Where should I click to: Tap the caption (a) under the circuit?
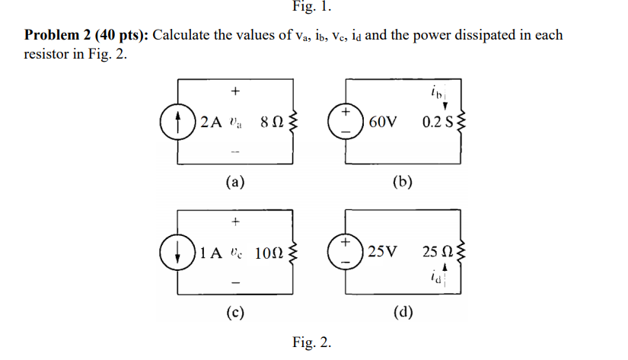(x=234, y=182)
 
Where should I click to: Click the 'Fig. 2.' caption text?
(x=312, y=342)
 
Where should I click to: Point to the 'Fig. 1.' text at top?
(x=312, y=8)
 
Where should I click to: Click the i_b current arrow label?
(x=447, y=97)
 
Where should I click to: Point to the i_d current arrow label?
(x=447, y=276)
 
